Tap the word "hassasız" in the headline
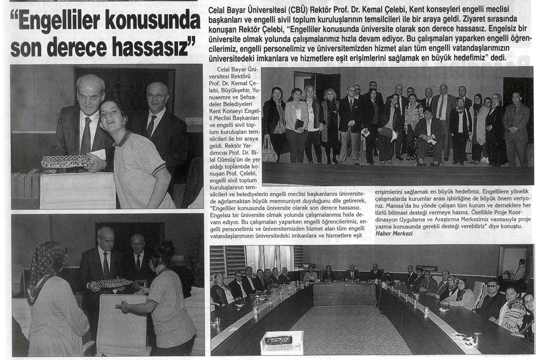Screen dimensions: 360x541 [x=147, y=48]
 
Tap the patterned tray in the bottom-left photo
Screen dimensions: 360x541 [x=113, y=283]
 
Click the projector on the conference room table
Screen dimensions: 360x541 [x=281, y=340]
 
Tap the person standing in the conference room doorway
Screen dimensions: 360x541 [x=520, y=270]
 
